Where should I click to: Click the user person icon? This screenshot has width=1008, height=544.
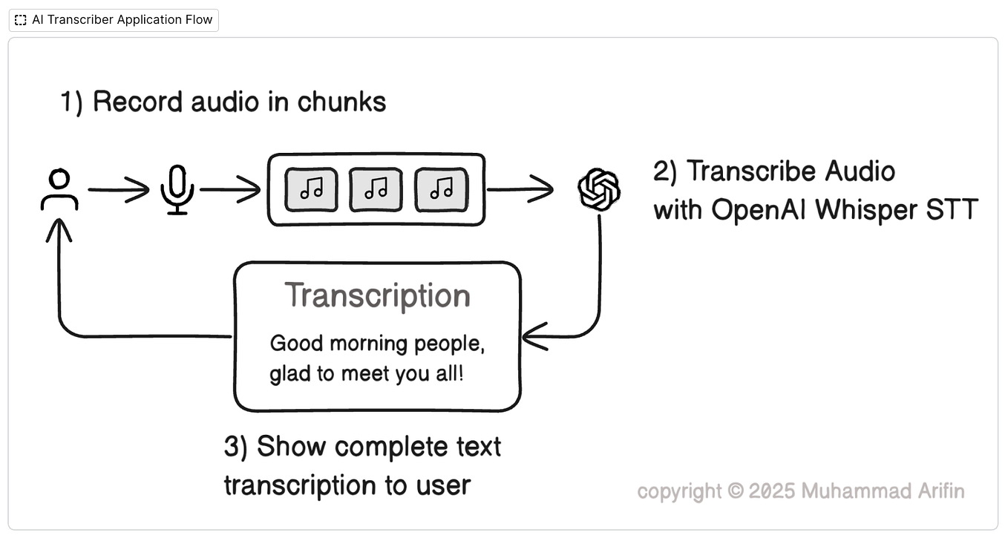tap(59, 191)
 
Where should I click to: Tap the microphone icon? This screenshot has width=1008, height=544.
tap(177, 190)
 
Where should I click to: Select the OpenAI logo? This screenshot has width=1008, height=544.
tap(599, 190)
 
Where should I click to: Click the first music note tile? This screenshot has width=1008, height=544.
tap(311, 190)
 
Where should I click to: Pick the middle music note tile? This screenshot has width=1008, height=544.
tap(376, 190)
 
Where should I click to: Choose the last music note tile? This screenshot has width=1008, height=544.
tap(441, 190)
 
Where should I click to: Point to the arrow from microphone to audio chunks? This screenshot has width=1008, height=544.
tap(230, 190)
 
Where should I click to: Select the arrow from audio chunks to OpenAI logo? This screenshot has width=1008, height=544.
tap(520, 190)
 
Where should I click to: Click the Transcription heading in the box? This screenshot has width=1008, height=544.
tap(377, 295)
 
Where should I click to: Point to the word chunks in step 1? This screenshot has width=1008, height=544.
tap(342, 102)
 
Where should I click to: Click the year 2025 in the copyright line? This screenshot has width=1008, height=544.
tap(772, 491)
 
